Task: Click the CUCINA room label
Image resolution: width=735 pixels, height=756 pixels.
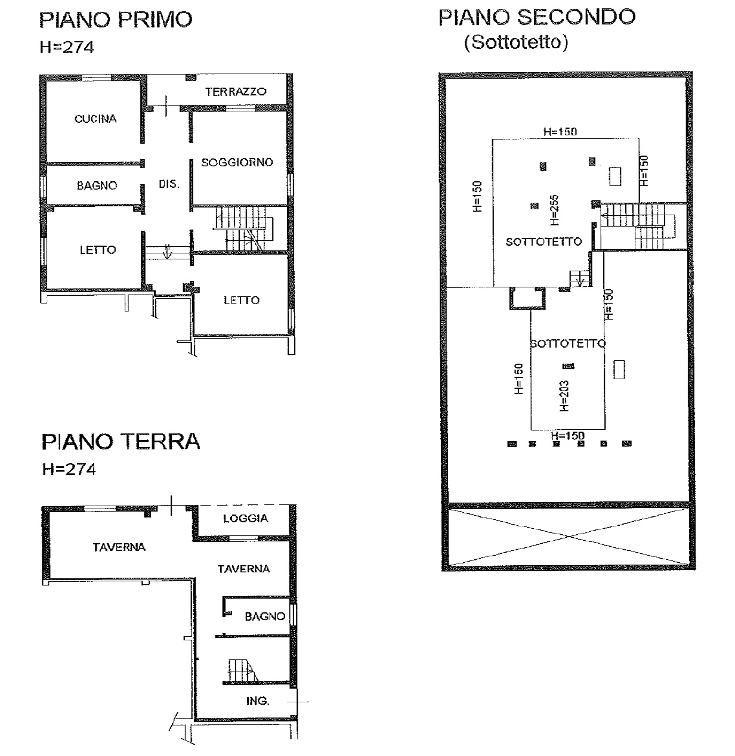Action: pos(95,119)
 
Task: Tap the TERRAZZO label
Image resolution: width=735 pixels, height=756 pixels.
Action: pos(236,92)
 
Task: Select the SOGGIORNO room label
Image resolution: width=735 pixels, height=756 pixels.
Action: pos(237,162)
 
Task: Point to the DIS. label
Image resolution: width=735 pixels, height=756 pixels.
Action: pos(169,184)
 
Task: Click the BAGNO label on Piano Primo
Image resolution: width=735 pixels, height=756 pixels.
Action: pos(97,185)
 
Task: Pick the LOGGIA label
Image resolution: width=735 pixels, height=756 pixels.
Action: pos(246,518)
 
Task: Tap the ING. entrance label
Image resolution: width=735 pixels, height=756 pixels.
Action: pos(258,701)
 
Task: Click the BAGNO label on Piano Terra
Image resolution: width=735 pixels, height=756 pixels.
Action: pos(265,616)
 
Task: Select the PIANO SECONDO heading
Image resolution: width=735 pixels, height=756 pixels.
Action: pos(537,17)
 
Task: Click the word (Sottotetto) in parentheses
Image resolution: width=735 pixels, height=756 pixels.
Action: pos(516,42)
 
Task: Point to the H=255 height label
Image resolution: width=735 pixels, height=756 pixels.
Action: pos(554,210)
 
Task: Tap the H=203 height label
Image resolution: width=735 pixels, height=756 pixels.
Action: pos(564,395)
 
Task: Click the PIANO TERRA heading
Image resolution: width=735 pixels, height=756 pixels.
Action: pos(121,442)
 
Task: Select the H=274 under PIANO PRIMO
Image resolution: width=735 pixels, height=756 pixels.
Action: pos(66,47)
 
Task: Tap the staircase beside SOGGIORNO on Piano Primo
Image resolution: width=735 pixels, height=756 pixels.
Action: pos(244,228)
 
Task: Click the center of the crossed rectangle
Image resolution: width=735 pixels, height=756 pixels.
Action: pos(569,537)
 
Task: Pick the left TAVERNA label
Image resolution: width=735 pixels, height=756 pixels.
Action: pos(119,547)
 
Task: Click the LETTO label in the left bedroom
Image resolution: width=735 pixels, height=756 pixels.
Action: pos(98,250)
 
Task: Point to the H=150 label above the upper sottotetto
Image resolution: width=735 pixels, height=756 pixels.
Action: pos(560,132)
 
